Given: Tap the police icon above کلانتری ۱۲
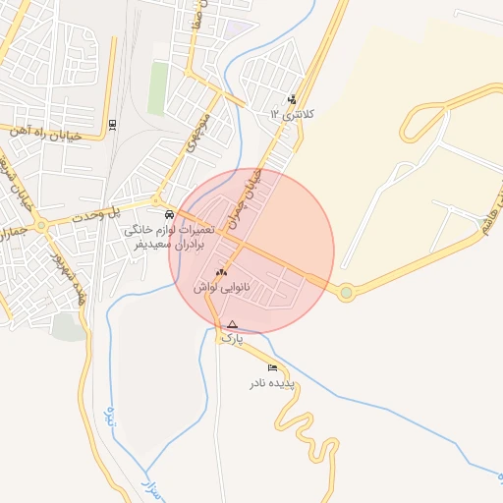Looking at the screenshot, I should coord(292,99).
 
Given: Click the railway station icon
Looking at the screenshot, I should coord(112,124).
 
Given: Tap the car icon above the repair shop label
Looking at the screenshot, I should coord(170,214).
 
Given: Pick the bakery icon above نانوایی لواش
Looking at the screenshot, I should coord(221,272).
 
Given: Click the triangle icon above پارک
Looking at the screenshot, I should coord(232,324).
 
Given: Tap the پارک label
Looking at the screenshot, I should coord(232,338).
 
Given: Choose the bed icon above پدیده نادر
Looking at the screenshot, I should coord(272,368).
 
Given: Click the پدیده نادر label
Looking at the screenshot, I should coord(273,382).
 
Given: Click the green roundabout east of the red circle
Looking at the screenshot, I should coord(346,293).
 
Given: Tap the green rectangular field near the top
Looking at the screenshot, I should coord(157,88).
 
